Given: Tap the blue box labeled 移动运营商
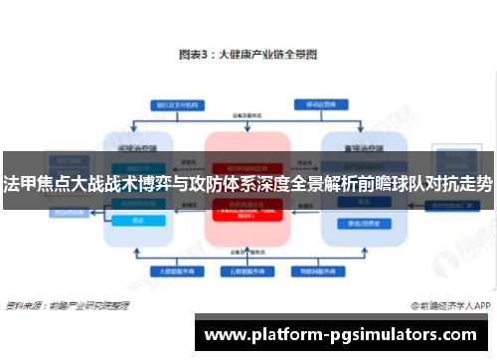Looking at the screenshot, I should point(319,102).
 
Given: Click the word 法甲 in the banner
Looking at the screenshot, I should point(18,184).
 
